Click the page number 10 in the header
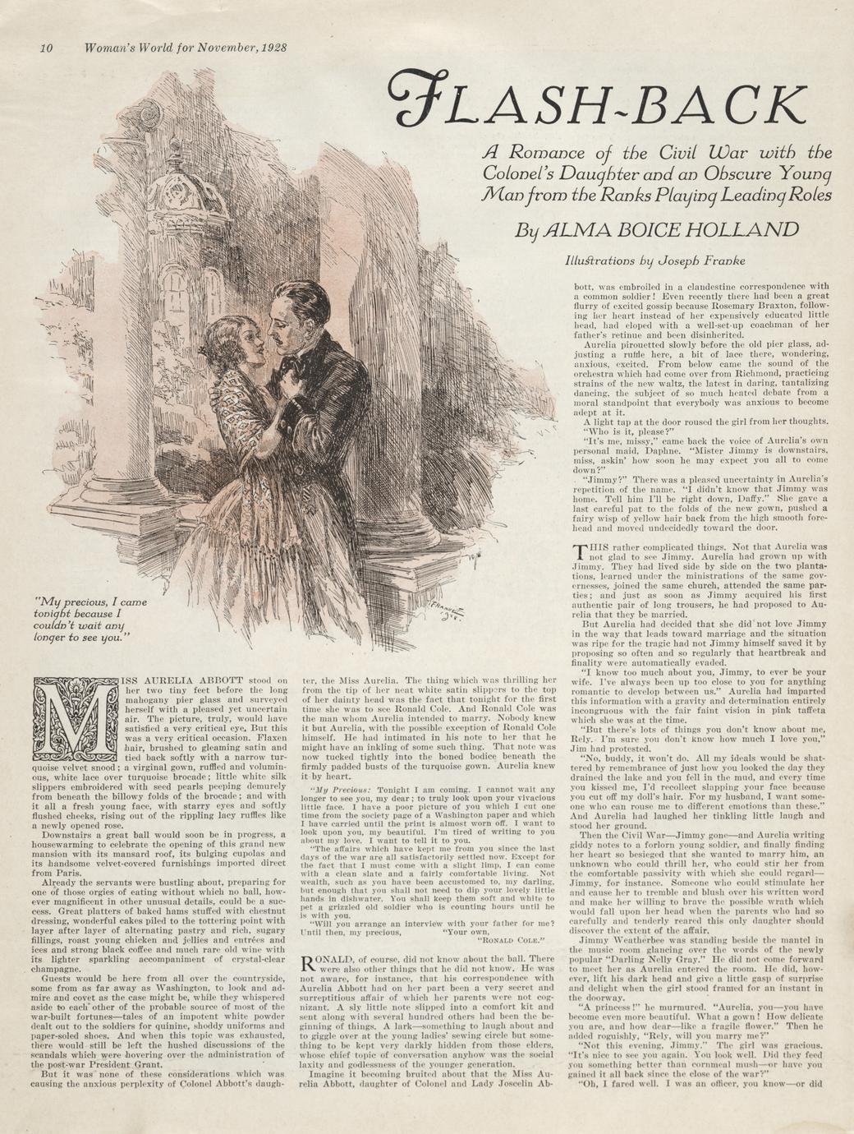tap(47, 47)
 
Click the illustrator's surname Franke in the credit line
tap(720, 261)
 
